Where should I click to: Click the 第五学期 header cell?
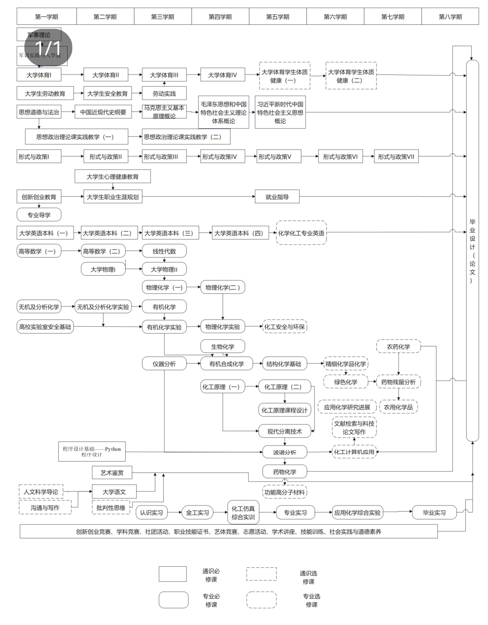tap(277, 17)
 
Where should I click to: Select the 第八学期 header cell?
tap(450, 17)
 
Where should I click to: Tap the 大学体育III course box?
tap(164, 75)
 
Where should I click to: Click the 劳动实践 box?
tap(164, 93)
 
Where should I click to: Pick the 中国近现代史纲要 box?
tap(103, 112)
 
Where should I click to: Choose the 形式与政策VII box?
tap(396, 157)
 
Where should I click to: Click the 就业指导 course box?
tap(277, 197)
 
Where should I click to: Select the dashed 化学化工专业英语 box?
tap(301, 233)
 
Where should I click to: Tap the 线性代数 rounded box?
tap(164, 251)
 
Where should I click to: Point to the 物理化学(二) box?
tap(222, 287)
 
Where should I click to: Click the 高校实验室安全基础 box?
tap(45, 327)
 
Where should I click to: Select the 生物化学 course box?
tap(222, 347)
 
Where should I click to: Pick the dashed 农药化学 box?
tap(398, 347)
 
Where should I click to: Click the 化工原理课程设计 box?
tap(284, 410)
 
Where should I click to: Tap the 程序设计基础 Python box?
tap(92, 452)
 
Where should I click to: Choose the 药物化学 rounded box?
tap(284, 472)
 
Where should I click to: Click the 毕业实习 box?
tap(434, 513)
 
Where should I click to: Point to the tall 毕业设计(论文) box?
tap(472, 250)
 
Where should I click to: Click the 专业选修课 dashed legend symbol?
tap(261, 600)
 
